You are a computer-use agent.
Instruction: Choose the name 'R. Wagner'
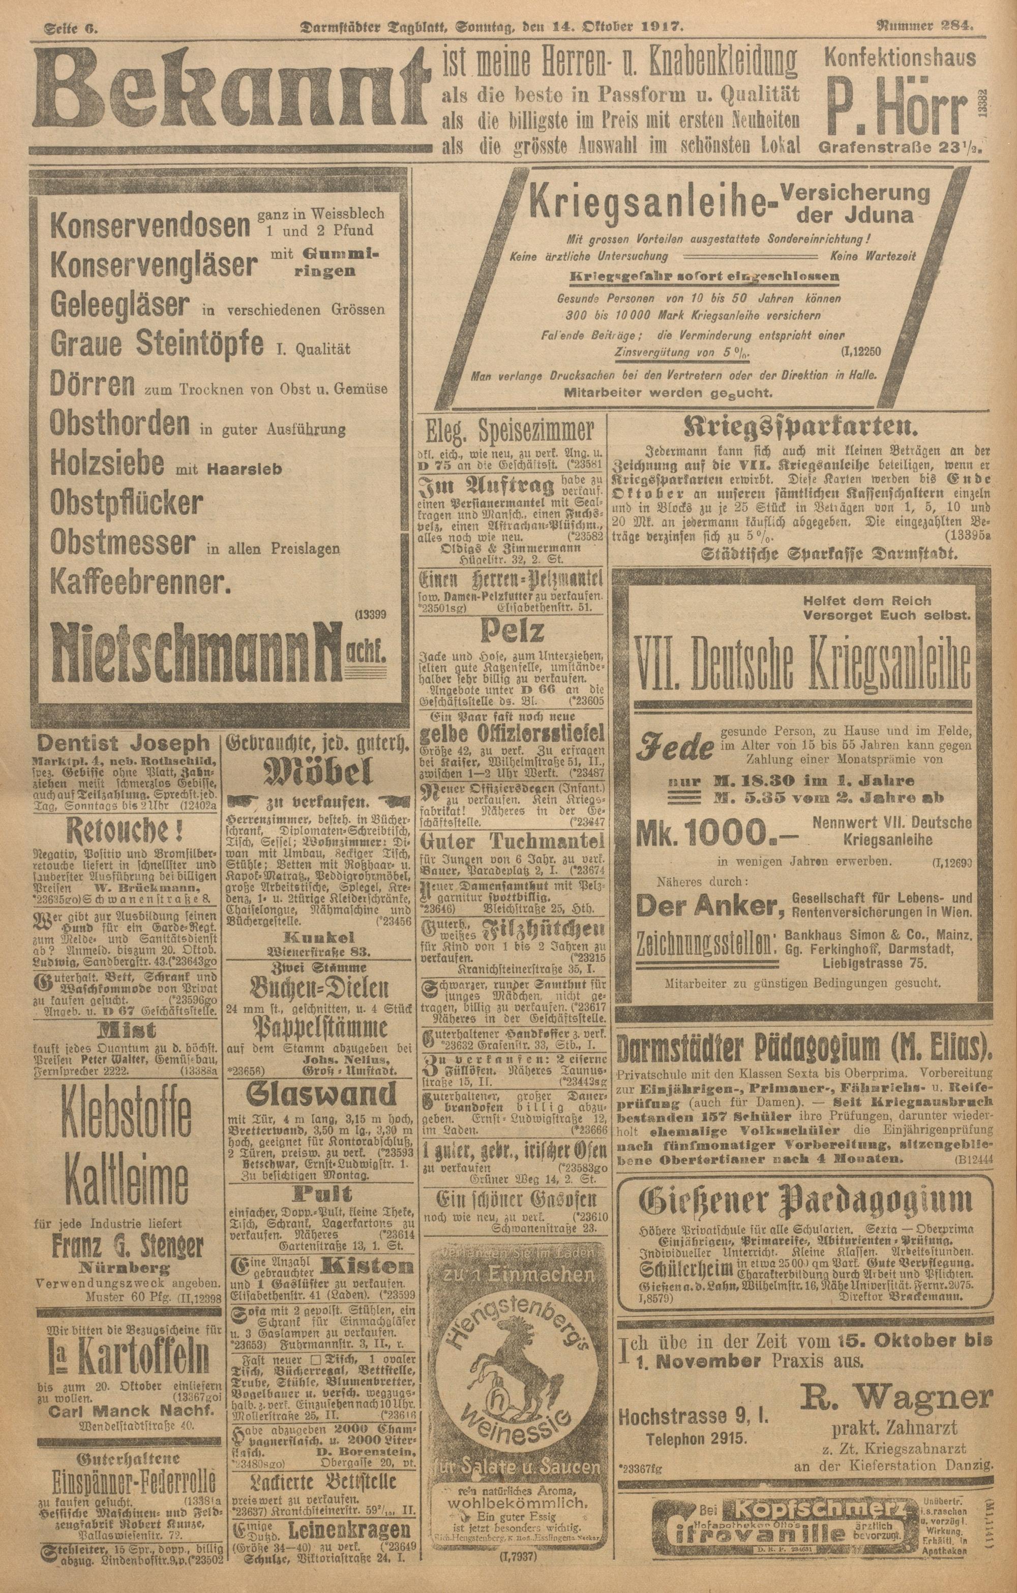tap(897, 1380)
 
